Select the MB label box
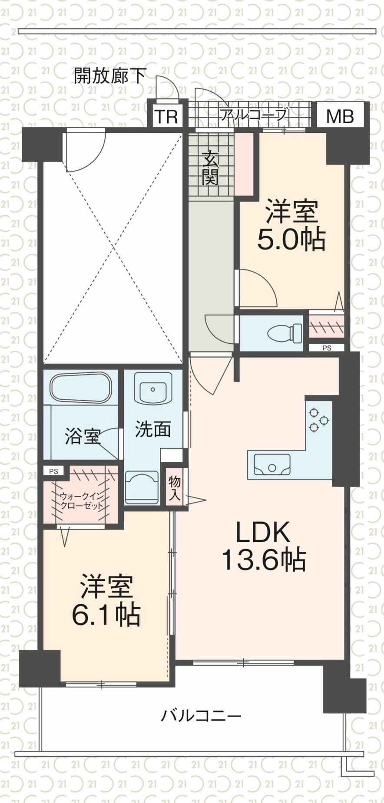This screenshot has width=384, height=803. [340, 116]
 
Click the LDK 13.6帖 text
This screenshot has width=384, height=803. [264, 546]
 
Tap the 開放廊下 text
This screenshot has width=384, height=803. [110, 76]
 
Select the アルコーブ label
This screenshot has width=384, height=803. [253, 115]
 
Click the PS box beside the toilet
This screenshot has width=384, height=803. [327, 348]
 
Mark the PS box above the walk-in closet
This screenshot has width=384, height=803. [53, 471]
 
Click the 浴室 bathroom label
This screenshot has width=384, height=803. [83, 436]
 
